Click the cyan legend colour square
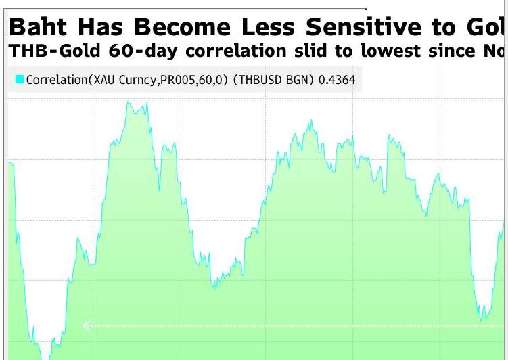pyautogui.click(x=20, y=80)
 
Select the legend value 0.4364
pyautogui.click(x=338, y=80)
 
